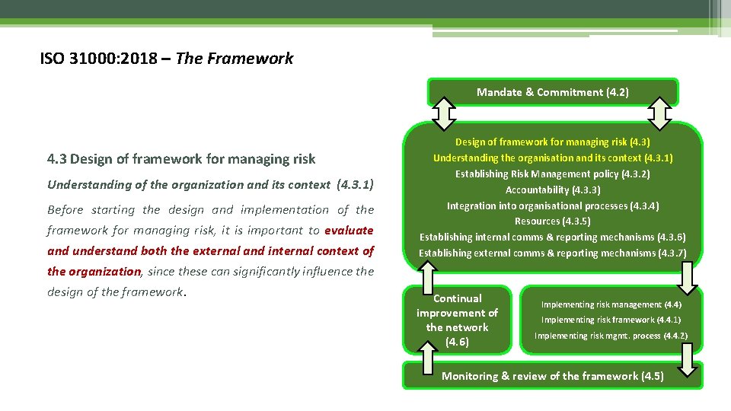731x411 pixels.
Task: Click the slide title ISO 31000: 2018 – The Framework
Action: click(x=166, y=59)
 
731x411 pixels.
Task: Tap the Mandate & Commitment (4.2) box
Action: click(x=552, y=92)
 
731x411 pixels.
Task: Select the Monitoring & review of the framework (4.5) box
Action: click(x=552, y=376)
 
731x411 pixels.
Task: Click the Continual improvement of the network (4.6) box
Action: click(x=457, y=320)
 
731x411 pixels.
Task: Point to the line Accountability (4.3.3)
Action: click(x=552, y=190)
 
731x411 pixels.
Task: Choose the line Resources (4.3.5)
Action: click(x=552, y=221)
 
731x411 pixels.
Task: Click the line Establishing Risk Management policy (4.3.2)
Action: click(x=552, y=174)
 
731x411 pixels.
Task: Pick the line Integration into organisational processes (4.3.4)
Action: click(x=552, y=205)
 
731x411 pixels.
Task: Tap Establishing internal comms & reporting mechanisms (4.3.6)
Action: click(x=552, y=237)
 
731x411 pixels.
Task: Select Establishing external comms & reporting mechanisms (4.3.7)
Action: click(x=552, y=253)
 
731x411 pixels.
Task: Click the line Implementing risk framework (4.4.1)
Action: click(x=611, y=320)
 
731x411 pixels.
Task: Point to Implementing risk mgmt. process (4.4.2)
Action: click(x=611, y=336)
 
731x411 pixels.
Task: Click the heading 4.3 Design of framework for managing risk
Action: click(x=181, y=159)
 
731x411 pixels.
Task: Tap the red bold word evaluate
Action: click(x=349, y=231)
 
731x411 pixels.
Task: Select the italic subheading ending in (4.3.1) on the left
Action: click(x=210, y=184)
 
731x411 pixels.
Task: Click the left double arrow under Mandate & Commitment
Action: click(x=443, y=114)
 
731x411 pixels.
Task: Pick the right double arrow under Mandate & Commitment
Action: click(x=659, y=114)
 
